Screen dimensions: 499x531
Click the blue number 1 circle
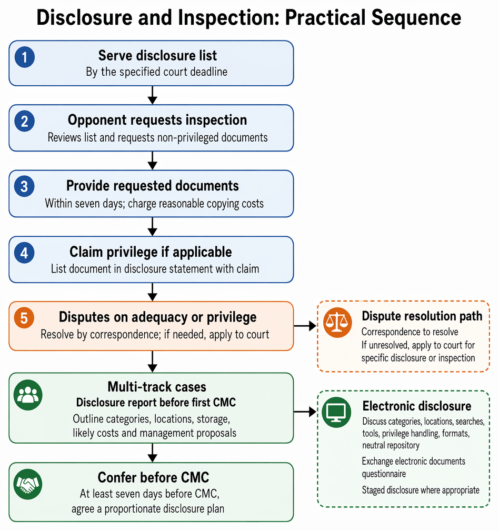pos(24,57)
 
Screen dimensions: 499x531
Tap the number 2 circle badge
pos(24,121)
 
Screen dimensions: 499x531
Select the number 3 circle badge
pos(24,186)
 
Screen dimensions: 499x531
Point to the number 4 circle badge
pos(24,253)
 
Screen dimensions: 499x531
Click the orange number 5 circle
pos(24,318)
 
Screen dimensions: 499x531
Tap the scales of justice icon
pos(337,323)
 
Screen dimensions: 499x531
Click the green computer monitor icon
pos(336,412)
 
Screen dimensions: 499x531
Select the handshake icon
pos(28,484)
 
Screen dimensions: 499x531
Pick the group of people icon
pos(28,395)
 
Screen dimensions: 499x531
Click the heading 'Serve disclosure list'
pos(157,56)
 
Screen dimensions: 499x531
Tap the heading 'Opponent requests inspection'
pos(157,120)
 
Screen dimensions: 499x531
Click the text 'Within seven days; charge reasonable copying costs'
pos(154,204)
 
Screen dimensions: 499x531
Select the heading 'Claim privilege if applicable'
pos(151,252)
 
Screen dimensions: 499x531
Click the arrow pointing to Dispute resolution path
pos(305,326)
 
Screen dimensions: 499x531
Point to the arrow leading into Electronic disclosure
pos(305,412)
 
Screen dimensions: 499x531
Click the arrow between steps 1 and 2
pos(153,95)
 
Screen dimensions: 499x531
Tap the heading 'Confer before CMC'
pos(154,477)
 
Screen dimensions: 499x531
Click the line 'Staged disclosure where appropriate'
pos(421,490)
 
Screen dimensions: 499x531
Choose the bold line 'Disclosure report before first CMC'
pos(156,402)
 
